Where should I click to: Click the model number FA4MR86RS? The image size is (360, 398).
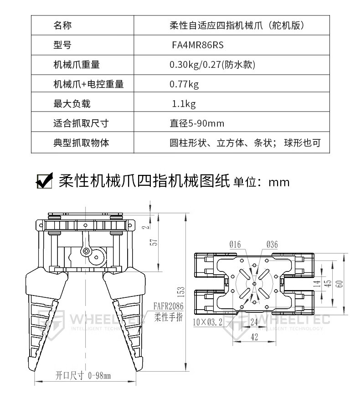(198, 45)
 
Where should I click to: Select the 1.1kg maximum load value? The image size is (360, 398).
(184, 104)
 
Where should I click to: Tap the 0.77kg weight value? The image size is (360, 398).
(184, 84)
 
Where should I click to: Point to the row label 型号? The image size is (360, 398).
(62, 45)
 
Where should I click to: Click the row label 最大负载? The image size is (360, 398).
(72, 104)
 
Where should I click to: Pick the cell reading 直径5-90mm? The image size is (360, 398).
(197, 123)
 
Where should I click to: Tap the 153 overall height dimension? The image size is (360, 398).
(180, 290)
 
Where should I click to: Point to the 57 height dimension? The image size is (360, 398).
(154, 242)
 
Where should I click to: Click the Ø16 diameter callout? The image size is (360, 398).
(235, 245)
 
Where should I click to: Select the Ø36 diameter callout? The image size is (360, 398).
(271, 245)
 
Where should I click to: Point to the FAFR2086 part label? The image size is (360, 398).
(168, 307)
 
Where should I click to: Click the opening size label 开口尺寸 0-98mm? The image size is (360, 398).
(83, 376)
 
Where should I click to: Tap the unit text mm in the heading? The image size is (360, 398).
(279, 182)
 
